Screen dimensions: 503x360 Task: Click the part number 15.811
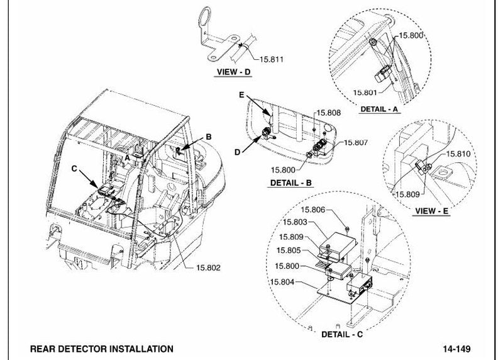(x=272, y=59)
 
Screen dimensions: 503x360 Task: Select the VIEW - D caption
(x=233, y=72)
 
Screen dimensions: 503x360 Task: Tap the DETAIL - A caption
(x=379, y=109)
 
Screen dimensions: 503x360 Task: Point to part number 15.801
(x=365, y=93)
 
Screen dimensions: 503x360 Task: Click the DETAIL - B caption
(x=291, y=183)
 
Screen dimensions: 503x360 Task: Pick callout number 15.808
(x=329, y=113)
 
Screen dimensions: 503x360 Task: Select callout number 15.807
(x=355, y=142)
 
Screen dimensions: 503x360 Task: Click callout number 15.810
(x=458, y=154)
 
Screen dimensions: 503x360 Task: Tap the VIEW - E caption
(x=432, y=211)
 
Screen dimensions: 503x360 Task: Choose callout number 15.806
(x=312, y=210)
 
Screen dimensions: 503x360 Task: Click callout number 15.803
(x=295, y=222)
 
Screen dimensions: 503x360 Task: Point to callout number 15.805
(x=289, y=250)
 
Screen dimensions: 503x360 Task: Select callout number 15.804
(x=282, y=281)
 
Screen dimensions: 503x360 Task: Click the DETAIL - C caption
(x=342, y=334)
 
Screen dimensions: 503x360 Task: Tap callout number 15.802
(x=209, y=268)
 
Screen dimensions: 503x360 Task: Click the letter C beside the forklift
(x=74, y=169)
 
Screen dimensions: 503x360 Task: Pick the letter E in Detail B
(x=241, y=95)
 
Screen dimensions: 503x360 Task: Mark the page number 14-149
(x=457, y=349)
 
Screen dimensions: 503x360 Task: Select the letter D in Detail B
(x=238, y=152)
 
